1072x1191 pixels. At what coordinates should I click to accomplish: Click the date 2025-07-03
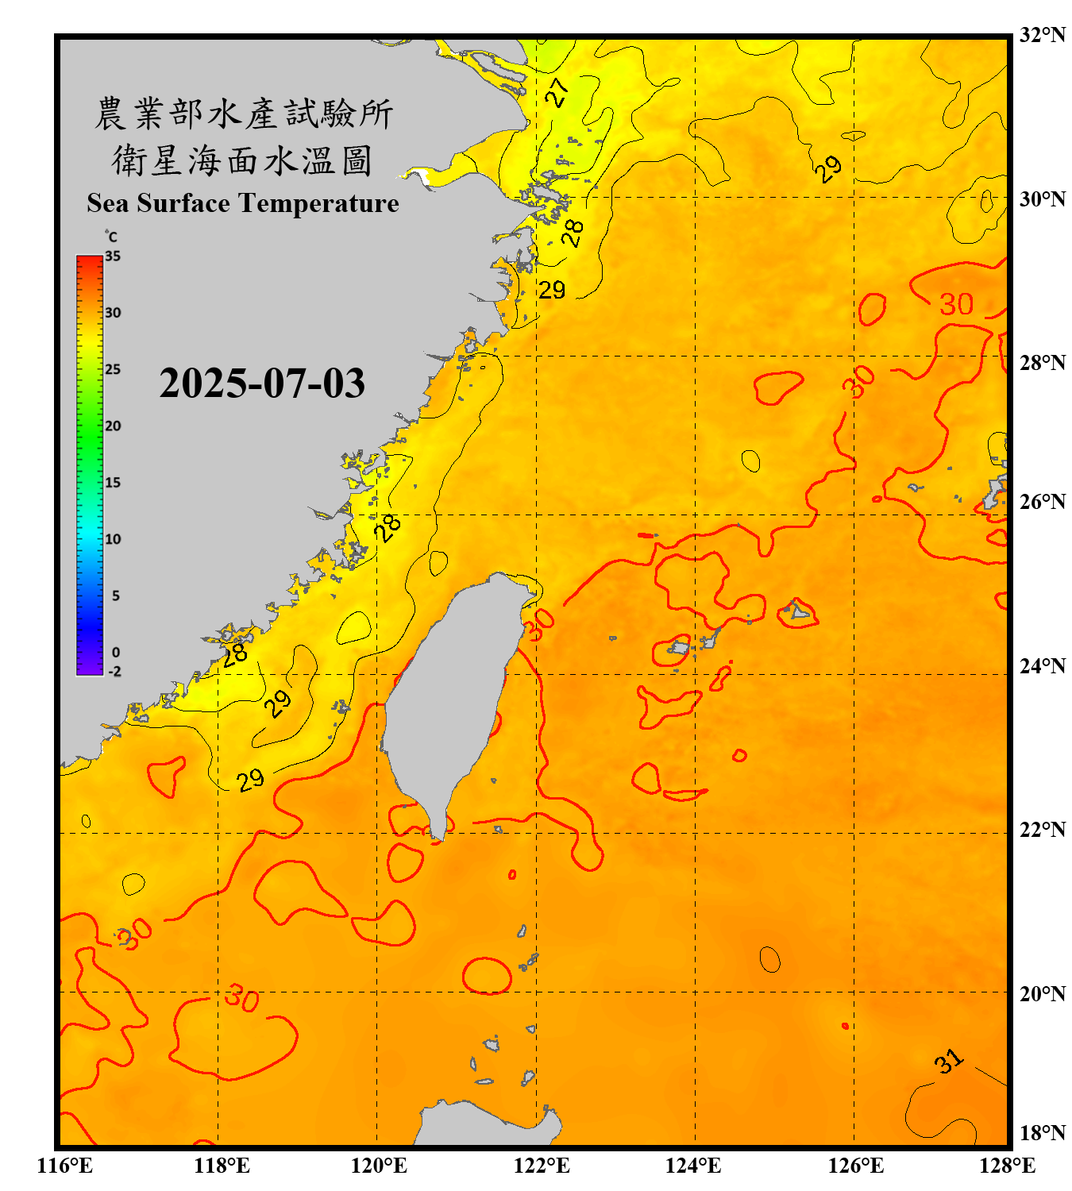click(x=262, y=384)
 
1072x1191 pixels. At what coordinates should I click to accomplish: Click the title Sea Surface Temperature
click(x=243, y=203)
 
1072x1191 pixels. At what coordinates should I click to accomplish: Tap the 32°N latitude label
click(x=1042, y=35)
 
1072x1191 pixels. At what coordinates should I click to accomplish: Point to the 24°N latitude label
click(x=1042, y=665)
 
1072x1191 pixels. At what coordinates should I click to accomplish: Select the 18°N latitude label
click(x=1042, y=1132)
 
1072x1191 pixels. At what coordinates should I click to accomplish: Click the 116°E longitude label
click(x=65, y=1166)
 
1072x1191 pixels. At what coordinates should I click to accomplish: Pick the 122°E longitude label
click(x=542, y=1166)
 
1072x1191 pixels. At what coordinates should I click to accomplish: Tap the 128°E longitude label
click(x=1007, y=1166)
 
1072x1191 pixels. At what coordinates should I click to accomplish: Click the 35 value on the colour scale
click(x=113, y=256)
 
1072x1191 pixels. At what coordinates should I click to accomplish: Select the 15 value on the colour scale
click(x=113, y=483)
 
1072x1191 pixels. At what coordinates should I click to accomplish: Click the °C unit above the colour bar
click(x=111, y=237)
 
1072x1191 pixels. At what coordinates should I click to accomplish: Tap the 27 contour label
click(x=557, y=92)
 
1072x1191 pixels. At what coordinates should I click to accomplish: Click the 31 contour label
click(x=948, y=1061)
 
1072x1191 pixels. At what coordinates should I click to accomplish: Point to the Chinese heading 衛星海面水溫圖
click(x=242, y=160)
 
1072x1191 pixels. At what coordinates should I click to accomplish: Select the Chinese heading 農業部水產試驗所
click(x=243, y=114)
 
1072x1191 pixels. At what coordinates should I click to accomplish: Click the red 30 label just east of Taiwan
click(x=540, y=625)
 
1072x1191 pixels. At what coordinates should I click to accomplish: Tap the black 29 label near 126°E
click(x=828, y=168)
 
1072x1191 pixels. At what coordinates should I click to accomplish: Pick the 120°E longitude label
click(x=379, y=1166)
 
